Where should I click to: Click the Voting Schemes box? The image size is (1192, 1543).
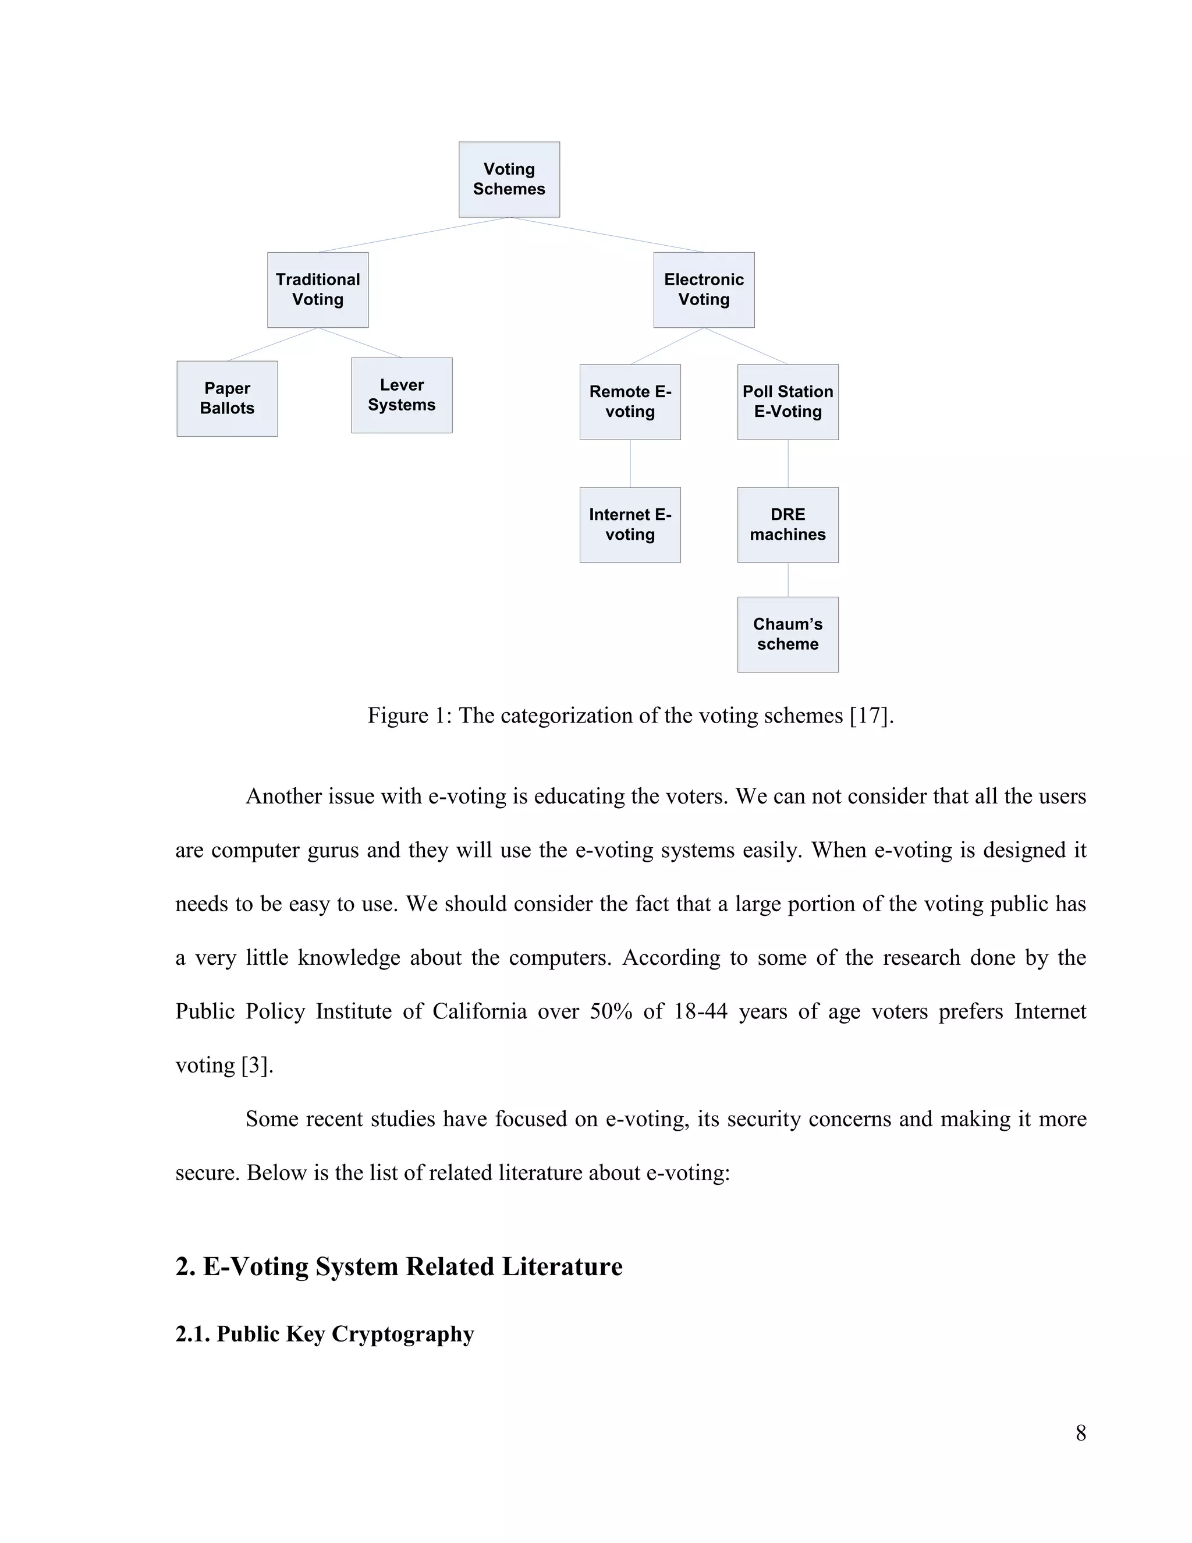(509, 179)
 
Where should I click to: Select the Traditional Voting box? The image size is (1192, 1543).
(318, 289)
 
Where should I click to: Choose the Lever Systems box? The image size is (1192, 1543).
(401, 395)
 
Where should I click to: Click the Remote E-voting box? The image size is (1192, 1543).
(630, 402)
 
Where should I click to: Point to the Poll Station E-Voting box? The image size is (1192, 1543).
(787, 402)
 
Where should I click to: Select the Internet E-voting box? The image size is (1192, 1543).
(630, 525)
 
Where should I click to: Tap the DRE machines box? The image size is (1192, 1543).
(787, 525)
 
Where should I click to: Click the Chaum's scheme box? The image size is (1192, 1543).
(787, 635)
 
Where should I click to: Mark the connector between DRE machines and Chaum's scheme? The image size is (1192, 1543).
(788, 580)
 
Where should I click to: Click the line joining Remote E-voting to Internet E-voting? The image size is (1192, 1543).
(630, 463)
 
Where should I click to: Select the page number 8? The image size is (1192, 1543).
(1080, 1433)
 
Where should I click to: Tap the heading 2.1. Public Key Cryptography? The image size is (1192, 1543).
(324, 1334)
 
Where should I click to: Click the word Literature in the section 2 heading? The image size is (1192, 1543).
(562, 1267)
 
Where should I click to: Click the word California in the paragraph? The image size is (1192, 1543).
(480, 1012)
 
